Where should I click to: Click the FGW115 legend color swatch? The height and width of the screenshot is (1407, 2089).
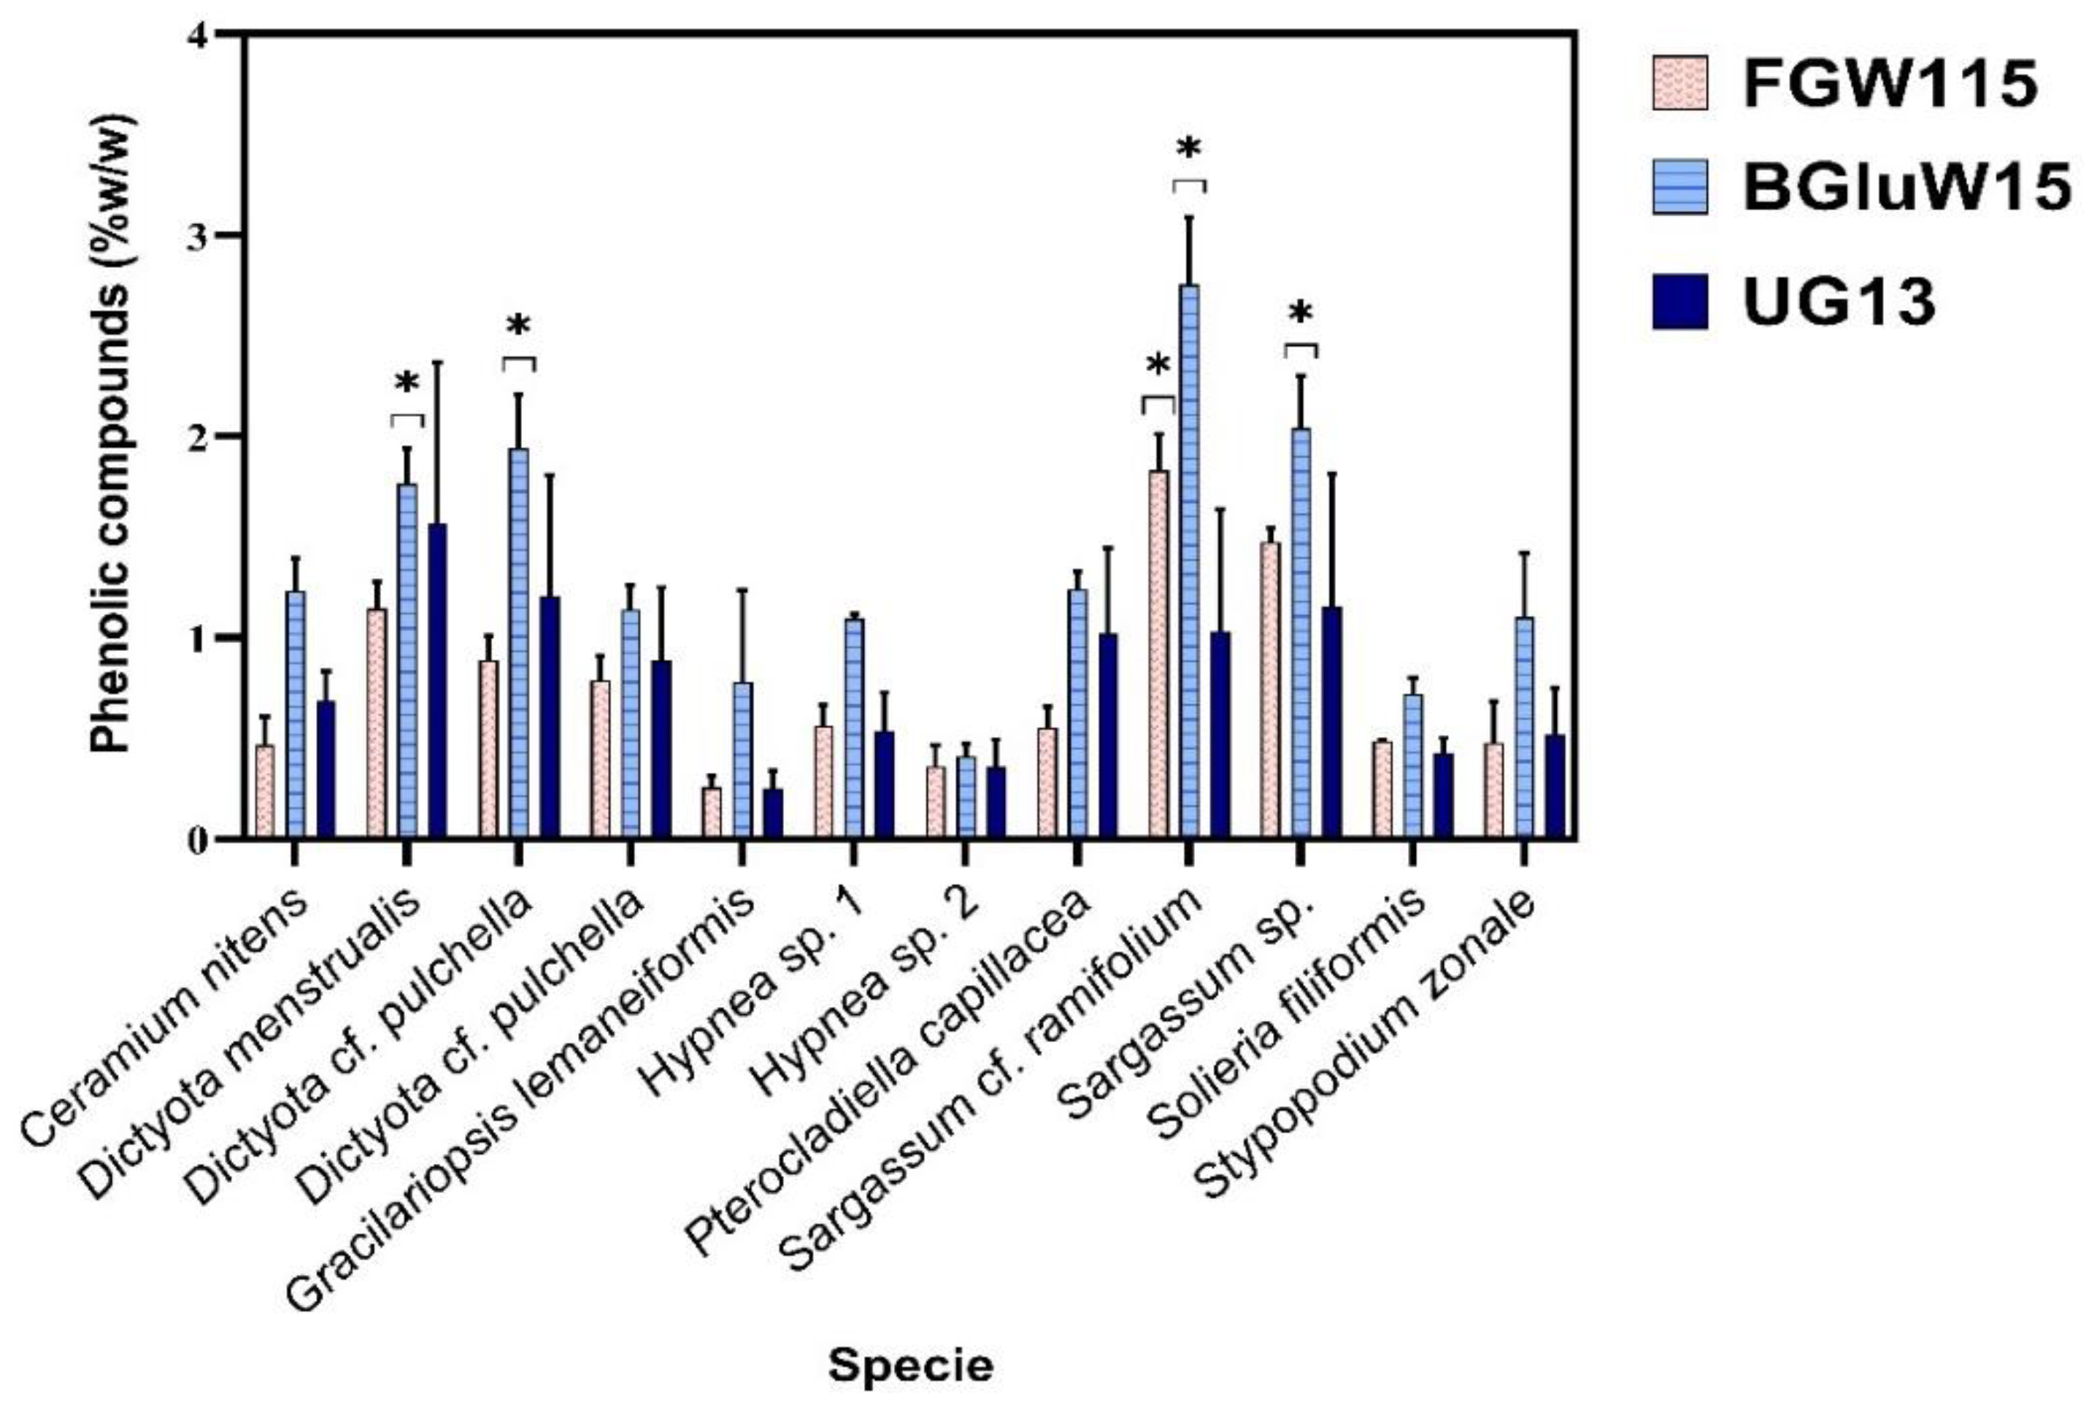1679,82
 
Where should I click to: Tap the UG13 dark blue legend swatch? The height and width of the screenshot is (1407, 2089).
1679,301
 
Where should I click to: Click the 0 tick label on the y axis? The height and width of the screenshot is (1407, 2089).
199,841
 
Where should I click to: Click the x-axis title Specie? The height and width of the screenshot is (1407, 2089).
910,1365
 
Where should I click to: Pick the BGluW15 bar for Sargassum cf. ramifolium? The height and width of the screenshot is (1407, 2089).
1189,560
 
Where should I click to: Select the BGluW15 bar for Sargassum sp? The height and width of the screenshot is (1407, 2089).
1300,633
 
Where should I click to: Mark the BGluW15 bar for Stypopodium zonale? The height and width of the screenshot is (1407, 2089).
1523,728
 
